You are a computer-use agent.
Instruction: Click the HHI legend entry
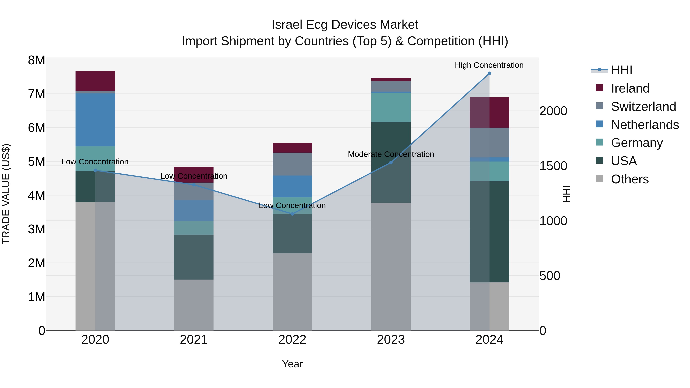621,70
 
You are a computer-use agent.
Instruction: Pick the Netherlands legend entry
644,125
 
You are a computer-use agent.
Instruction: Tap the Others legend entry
629,179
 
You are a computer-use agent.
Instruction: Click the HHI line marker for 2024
489,73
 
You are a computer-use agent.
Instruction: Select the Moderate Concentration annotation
391,154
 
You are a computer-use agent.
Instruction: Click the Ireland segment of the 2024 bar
489,112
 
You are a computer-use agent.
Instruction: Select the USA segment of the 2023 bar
391,162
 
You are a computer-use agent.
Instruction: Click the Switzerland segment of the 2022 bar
292,164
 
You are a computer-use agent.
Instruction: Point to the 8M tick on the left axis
36,60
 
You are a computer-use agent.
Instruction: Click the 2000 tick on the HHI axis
553,111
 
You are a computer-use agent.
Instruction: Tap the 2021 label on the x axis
194,340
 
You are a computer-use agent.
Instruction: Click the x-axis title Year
292,364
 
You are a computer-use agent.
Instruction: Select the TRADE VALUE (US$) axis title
6,194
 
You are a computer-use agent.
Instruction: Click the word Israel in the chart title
287,25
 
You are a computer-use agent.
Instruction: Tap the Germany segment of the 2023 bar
391,107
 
